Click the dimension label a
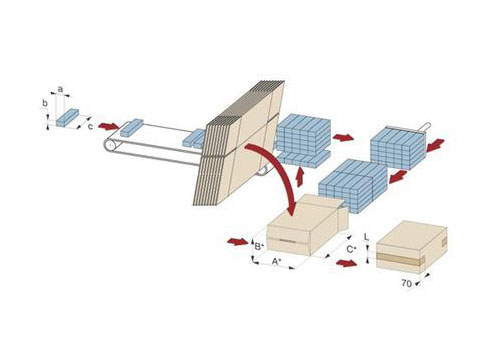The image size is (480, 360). coord(60,89)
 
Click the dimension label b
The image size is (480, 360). coord(45,104)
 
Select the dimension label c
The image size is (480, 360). coord(90,127)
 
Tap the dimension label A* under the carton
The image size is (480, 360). coord(276,261)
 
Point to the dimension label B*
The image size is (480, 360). coord(259,247)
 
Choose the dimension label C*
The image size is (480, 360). coord(352,249)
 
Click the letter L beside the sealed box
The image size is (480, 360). coord(366,237)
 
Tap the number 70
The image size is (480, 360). coord(406,283)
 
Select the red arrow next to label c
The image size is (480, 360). coord(109,126)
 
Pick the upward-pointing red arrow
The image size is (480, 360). coord(300,177)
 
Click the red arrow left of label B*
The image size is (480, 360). coord(238,241)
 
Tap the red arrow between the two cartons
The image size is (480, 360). coord(346,263)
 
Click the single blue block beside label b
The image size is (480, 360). coord(67,118)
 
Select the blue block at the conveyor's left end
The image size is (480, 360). coord(131,128)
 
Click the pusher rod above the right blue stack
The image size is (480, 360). coord(409,128)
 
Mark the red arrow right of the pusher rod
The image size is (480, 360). coord(435,145)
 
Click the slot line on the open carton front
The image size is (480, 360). coord(289,241)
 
